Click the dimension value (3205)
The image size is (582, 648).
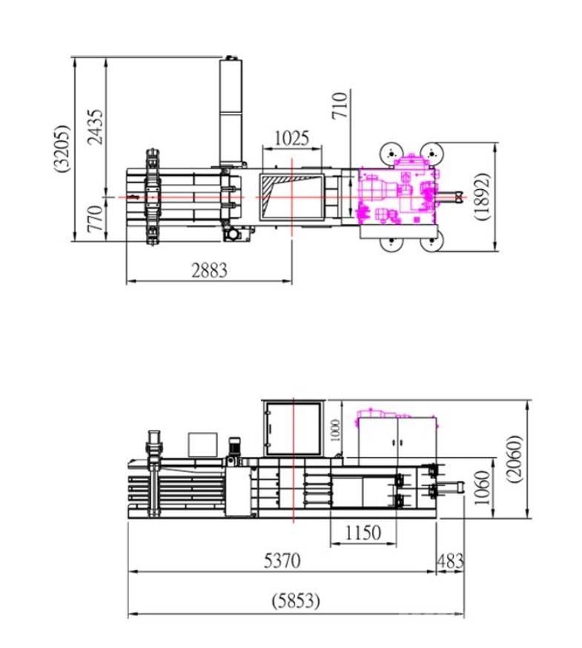pyautogui.click(x=62, y=148)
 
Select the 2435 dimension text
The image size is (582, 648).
pyautogui.click(x=96, y=127)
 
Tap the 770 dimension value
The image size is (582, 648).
pyautogui.click(x=96, y=218)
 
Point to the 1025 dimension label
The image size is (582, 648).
pyautogui.click(x=291, y=138)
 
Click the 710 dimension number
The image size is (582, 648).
pyautogui.click(x=340, y=106)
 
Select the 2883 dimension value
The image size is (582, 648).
pyautogui.click(x=209, y=270)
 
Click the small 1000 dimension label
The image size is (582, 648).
pyautogui.click(x=336, y=431)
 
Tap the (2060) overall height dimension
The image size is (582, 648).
pyautogui.click(x=515, y=459)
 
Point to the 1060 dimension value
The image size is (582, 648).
pyautogui.click(x=482, y=488)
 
